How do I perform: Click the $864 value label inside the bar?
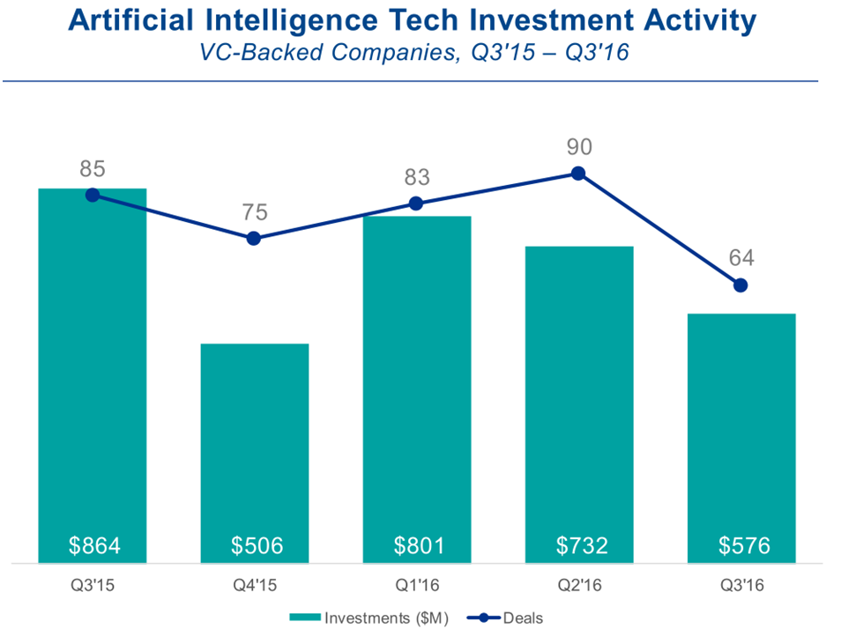point(93,546)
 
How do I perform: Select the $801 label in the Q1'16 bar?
point(418,546)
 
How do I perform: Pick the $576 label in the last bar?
point(743,546)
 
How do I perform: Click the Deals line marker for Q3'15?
point(92,195)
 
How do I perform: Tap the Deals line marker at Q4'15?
point(254,239)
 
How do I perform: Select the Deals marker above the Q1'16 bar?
point(416,203)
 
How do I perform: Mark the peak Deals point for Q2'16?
point(578,174)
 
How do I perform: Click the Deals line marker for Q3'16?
point(741,285)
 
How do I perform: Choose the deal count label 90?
point(579,145)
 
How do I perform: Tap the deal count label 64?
point(741,258)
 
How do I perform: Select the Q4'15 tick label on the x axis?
point(255,585)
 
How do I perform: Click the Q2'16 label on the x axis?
point(579,585)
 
